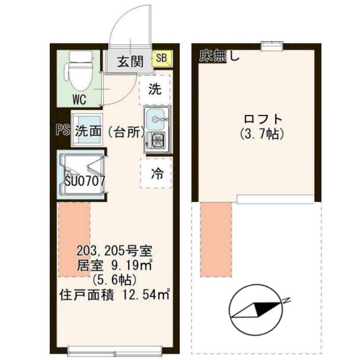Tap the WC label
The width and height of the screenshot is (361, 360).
click(79, 99)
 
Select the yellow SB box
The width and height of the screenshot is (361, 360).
click(161, 58)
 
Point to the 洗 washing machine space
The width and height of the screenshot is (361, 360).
click(154, 91)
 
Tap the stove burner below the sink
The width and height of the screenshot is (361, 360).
click(158, 140)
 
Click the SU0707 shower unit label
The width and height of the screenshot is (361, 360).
click(85, 181)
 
